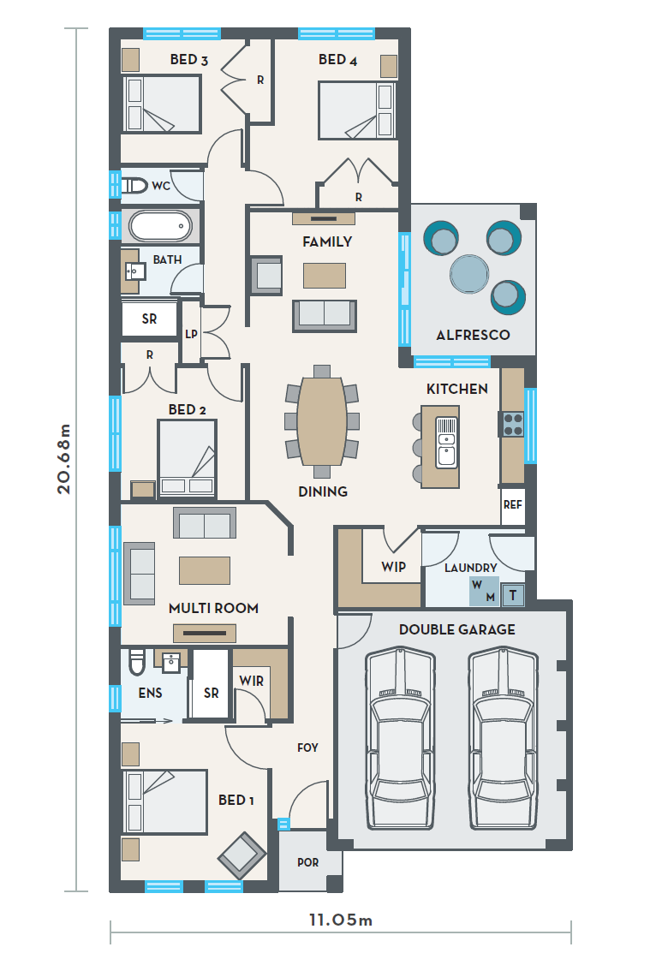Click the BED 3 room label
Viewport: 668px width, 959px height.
click(188, 59)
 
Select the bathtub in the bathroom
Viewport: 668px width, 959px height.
click(161, 226)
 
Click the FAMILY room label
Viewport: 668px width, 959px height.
click(327, 241)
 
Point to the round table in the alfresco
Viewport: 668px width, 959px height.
click(469, 273)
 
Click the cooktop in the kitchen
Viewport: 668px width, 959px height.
click(513, 424)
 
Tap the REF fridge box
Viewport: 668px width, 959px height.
click(513, 505)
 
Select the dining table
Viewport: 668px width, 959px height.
click(322, 421)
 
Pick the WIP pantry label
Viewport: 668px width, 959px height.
click(393, 566)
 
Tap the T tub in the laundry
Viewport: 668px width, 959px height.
click(513, 594)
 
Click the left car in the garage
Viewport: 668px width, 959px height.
click(401, 740)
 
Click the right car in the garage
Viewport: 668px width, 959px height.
click(504, 740)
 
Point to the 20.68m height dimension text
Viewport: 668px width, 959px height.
click(63, 459)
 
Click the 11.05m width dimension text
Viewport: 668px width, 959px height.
click(341, 920)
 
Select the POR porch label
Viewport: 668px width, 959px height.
click(307, 862)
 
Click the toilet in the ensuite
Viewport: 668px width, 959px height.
click(136, 660)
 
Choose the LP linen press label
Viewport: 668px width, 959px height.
click(192, 334)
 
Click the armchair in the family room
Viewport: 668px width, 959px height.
click(266, 275)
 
